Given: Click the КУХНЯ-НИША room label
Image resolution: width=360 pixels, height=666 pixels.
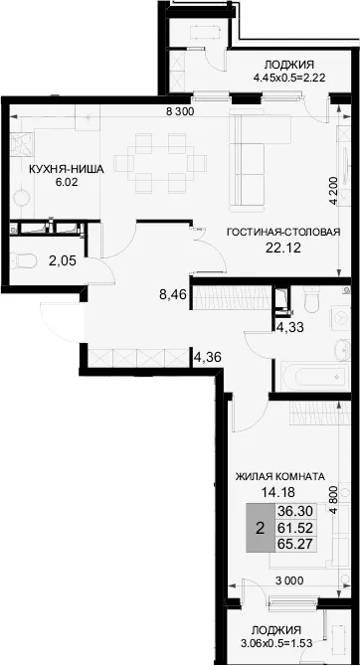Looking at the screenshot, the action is coord(66,169).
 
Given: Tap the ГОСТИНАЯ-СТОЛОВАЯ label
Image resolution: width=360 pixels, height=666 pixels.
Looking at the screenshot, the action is coord(284,233).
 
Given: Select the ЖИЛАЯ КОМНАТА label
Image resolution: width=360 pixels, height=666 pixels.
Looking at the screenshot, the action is coord(279,476).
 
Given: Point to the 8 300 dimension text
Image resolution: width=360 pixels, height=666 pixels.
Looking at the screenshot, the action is coord(180,112).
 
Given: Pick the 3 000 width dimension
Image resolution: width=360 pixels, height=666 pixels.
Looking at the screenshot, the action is coord(289,581).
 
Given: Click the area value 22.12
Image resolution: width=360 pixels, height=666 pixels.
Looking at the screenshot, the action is coord(283,248).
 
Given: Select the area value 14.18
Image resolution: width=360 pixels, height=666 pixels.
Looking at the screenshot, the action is coord(278,492).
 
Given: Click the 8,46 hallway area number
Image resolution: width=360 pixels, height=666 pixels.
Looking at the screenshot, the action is coord(173,294).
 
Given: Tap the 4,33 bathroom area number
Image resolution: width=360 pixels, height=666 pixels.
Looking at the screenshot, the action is coord(289,328).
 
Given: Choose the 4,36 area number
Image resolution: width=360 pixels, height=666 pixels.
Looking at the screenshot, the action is coord(208,356).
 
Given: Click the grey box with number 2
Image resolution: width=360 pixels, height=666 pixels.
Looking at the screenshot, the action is coord(261,528).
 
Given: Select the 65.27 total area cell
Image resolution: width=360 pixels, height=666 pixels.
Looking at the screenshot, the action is coord(295,544).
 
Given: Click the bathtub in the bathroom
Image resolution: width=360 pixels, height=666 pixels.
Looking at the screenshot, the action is coord(313,376).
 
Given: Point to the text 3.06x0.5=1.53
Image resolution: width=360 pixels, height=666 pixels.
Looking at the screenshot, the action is coord(276,643).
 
